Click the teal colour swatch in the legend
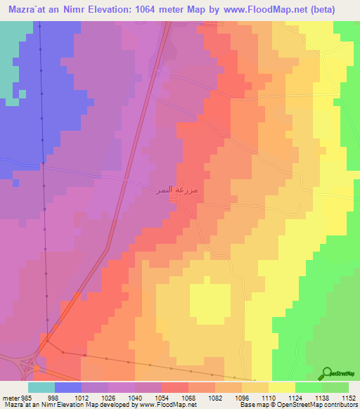(x=41, y=387)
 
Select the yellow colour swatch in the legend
(x=282, y=387)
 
